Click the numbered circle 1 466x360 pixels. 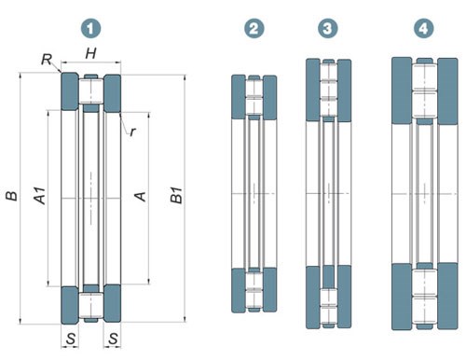(x=90, y=29)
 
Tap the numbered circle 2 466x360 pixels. (x=254, y=29)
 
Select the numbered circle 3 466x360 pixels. (x=328, y=29)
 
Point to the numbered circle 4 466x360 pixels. (x=423, y=29)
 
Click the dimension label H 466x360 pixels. (x=90, y=54)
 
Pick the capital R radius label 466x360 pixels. (x=47, y=59)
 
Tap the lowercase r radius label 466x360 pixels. (x=132, y=132)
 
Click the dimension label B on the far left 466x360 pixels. (x=12, y=196)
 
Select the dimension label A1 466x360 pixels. (x=40, y=196)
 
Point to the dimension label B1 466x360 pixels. (x=177, y=195)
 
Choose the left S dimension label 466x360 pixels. (x=71, y=339)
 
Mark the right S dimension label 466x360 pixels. (x=113, y=339)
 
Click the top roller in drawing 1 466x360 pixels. (x=90, y=91)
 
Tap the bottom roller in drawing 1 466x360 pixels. (x=90, y=305)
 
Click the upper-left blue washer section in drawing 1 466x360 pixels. (x=70, y=91)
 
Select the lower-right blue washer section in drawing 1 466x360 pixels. (x=112, y=303)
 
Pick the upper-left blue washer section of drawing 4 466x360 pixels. (x=402, y=90)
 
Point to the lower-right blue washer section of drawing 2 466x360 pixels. (x=269, y=290)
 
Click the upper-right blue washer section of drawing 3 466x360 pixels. (x=344, y=90)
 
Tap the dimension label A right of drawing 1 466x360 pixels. (x=141, y=196)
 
